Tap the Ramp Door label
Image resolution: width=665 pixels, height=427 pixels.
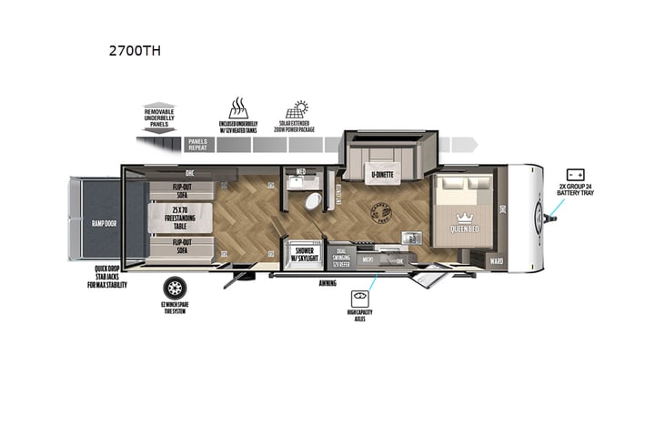click(x=95, y=221)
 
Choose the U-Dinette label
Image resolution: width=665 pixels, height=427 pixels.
click(x=380, y=173)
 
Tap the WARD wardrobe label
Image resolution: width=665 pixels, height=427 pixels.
click(x=496, y=260)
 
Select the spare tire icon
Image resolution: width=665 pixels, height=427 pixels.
click(x=174, y=288)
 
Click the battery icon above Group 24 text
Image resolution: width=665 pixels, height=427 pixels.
click(x=575, y=173)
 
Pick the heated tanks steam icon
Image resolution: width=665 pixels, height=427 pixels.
click(x=239, y=108)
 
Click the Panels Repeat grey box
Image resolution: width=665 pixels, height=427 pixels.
click(x=199, y=144)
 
